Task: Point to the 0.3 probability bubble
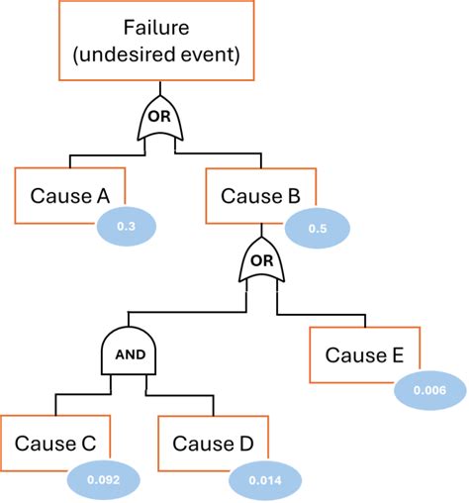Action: [127, 228]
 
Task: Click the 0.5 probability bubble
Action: [318, 228]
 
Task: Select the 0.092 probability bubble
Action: [102, 479]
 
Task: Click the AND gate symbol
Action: [130, 352]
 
